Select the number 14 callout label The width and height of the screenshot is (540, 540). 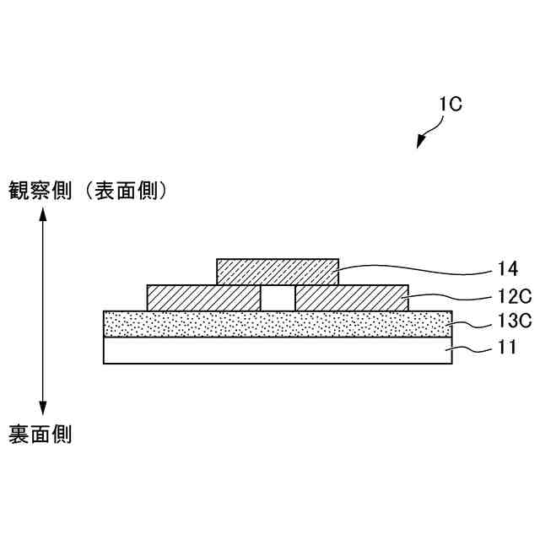(506, 270)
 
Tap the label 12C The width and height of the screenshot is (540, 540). (513, 297)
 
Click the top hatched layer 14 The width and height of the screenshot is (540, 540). (278, 271)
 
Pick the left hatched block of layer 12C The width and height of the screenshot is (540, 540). (203, 298)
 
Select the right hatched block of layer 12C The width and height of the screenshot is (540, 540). (352, 298)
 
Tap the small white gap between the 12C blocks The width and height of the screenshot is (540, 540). (278, 298)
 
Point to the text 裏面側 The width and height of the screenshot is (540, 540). (40, 435)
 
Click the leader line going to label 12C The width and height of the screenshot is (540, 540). (447, 297)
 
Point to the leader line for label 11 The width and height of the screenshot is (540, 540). (468, 348)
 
